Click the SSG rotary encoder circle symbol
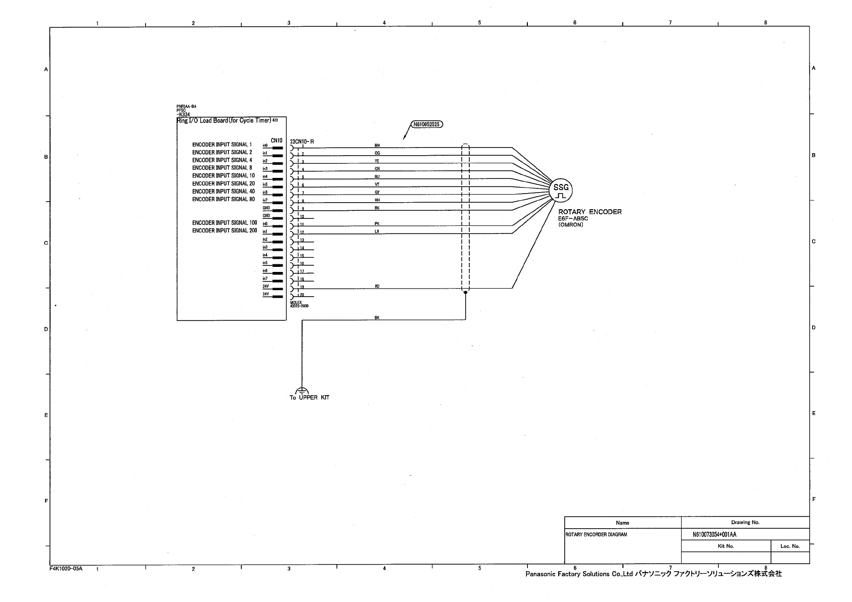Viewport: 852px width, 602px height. pyautogui.click(x=561, y=191)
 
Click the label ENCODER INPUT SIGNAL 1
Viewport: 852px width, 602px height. pyautogui.click(x=221, y=145)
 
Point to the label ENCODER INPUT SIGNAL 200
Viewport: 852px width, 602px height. pyautogui.click(x=225, y=230)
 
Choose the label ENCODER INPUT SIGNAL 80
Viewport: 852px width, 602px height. pyautogui.click(x=223, y=199)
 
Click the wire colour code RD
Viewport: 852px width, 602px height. pyautogui.click(x=377, y=286)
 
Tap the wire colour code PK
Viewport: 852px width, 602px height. pyautogui.click(x=377, y=223)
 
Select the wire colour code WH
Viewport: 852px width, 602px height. pyautogui.click(x=377, y=200)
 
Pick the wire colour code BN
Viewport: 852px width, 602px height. pyautogui.click(x=377, y=145)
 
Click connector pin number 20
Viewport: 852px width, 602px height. pyautogui.click(x=302, y=295)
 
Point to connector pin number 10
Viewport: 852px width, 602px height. pyautogui.click(x=302, y=216)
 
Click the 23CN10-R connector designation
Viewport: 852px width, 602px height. pyautogui.click(x=302, y=142)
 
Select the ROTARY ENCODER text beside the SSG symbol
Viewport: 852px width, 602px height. pyautogui.click(x=590, y=212)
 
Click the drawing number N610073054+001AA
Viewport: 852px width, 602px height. pyautogui.click(x=714, y=534)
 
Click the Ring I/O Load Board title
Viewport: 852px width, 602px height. pyautogui.click(x=223, y=120)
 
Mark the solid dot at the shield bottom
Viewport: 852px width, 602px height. pyautogui.click(x=465, y=292)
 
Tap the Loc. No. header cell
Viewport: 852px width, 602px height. pyautogui.click(x=790, y=546)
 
